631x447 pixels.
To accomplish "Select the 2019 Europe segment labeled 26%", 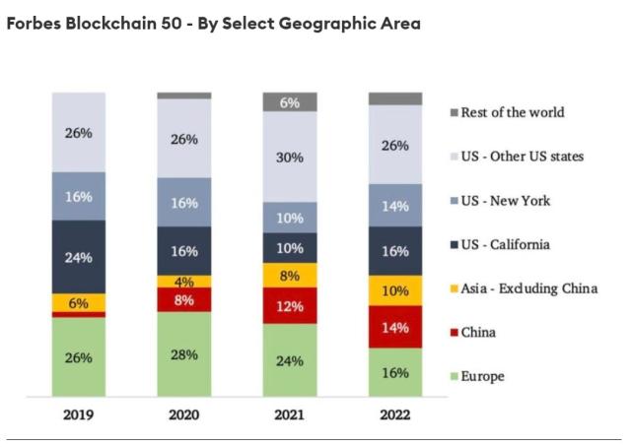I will point(79,358).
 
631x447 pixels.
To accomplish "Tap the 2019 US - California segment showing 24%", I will point(79,257).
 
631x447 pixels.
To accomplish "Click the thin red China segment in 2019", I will point(79,314).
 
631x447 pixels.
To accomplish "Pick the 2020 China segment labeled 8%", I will point(184,300).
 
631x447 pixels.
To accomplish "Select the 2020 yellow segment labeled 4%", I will point(184,282).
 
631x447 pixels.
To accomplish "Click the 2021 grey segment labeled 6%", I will point(289,102).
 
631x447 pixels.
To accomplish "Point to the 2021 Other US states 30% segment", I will point(289,157).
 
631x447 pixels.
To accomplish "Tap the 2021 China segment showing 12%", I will point(289,306).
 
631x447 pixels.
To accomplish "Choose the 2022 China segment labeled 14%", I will point(394,326).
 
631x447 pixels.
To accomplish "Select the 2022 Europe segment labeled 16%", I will point(394,373).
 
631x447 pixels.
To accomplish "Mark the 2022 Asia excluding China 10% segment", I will point(394,289).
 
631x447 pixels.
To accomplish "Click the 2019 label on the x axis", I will point(79,415).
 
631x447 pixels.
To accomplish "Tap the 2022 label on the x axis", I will point(394,415).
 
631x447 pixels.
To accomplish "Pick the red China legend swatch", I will point(454,333).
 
